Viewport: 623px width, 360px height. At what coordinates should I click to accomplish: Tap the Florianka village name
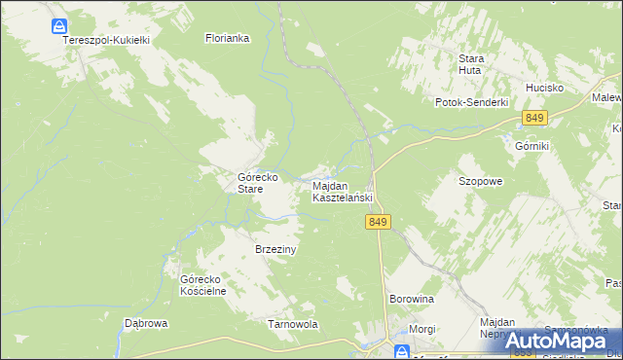coord(228,39)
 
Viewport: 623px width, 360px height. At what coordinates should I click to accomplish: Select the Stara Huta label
coord(472,63)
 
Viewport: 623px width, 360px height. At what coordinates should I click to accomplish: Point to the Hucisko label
coord(545,87)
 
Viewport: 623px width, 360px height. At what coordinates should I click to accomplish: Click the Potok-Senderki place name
coord(473,102)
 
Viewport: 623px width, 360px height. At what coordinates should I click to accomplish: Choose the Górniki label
coord(532,145)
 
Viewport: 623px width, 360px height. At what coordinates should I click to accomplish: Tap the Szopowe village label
coord(480,181)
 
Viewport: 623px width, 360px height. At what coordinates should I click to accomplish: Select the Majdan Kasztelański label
coord(342,191)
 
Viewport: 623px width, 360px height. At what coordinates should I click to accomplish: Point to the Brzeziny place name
coord(275,249)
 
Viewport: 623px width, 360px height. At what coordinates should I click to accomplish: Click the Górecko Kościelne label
coord(203,285)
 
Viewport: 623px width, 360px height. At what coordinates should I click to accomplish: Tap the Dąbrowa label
coord(147,323)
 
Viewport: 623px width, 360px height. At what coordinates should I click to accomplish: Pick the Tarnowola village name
coord(293,324)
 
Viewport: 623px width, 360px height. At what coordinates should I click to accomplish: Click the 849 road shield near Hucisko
coord(534,118)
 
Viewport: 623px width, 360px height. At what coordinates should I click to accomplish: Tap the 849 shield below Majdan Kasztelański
coord(380,223)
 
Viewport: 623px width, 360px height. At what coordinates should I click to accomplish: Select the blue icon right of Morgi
coord(400,350)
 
